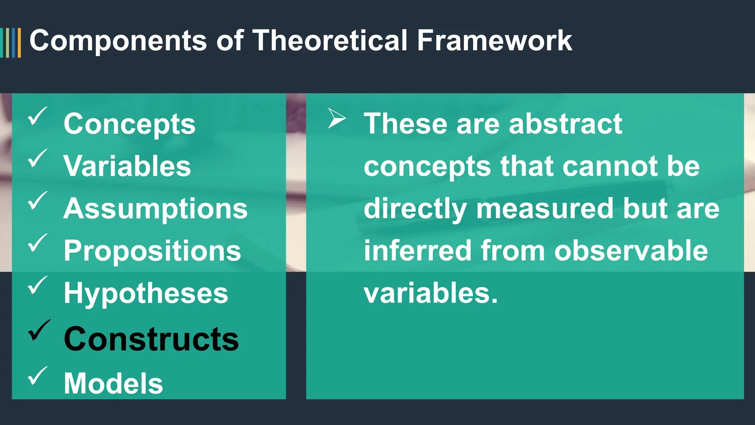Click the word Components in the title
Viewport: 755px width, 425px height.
tap(118, 41)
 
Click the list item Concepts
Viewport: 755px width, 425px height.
tap(129, 124)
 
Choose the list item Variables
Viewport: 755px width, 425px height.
tap(127, 166)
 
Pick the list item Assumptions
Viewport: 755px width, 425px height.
tap(155, 208)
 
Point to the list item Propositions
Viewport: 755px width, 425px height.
tap(152, 251)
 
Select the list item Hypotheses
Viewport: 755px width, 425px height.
tap(146, 293)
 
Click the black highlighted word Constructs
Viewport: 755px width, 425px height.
tap(151, 339)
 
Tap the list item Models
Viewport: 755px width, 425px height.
tap(113, 383)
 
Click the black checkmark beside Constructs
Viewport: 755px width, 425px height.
tap(39, 330)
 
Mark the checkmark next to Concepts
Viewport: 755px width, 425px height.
tap(37, 116)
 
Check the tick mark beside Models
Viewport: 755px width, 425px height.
tap(37, 376)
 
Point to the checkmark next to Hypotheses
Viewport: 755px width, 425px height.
tap(37, 285)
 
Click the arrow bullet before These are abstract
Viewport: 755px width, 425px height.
tap(337, 118)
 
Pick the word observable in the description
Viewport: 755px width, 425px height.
tap(631, 251)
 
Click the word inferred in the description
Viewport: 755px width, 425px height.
tap(418, 251)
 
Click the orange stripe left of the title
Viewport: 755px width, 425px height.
tap(19, 43)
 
